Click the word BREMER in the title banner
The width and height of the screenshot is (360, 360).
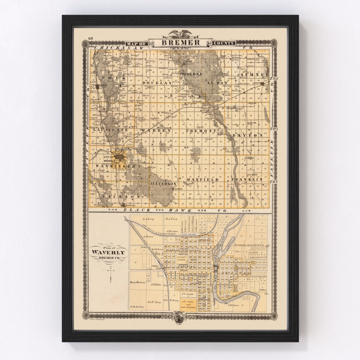pyautogui.click(x=181, y=43)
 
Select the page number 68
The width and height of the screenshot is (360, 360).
pyautogui.click(x=91, y=39)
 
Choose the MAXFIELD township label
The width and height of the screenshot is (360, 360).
pyautogui.click(x=202, y=180)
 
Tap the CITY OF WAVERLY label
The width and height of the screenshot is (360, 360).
pyautogui.click(x=109, y=159)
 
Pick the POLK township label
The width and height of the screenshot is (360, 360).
pyautogui.click(x=110, y=78)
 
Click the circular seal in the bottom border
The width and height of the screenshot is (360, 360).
pyautogui.click(x=179, y=317)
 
